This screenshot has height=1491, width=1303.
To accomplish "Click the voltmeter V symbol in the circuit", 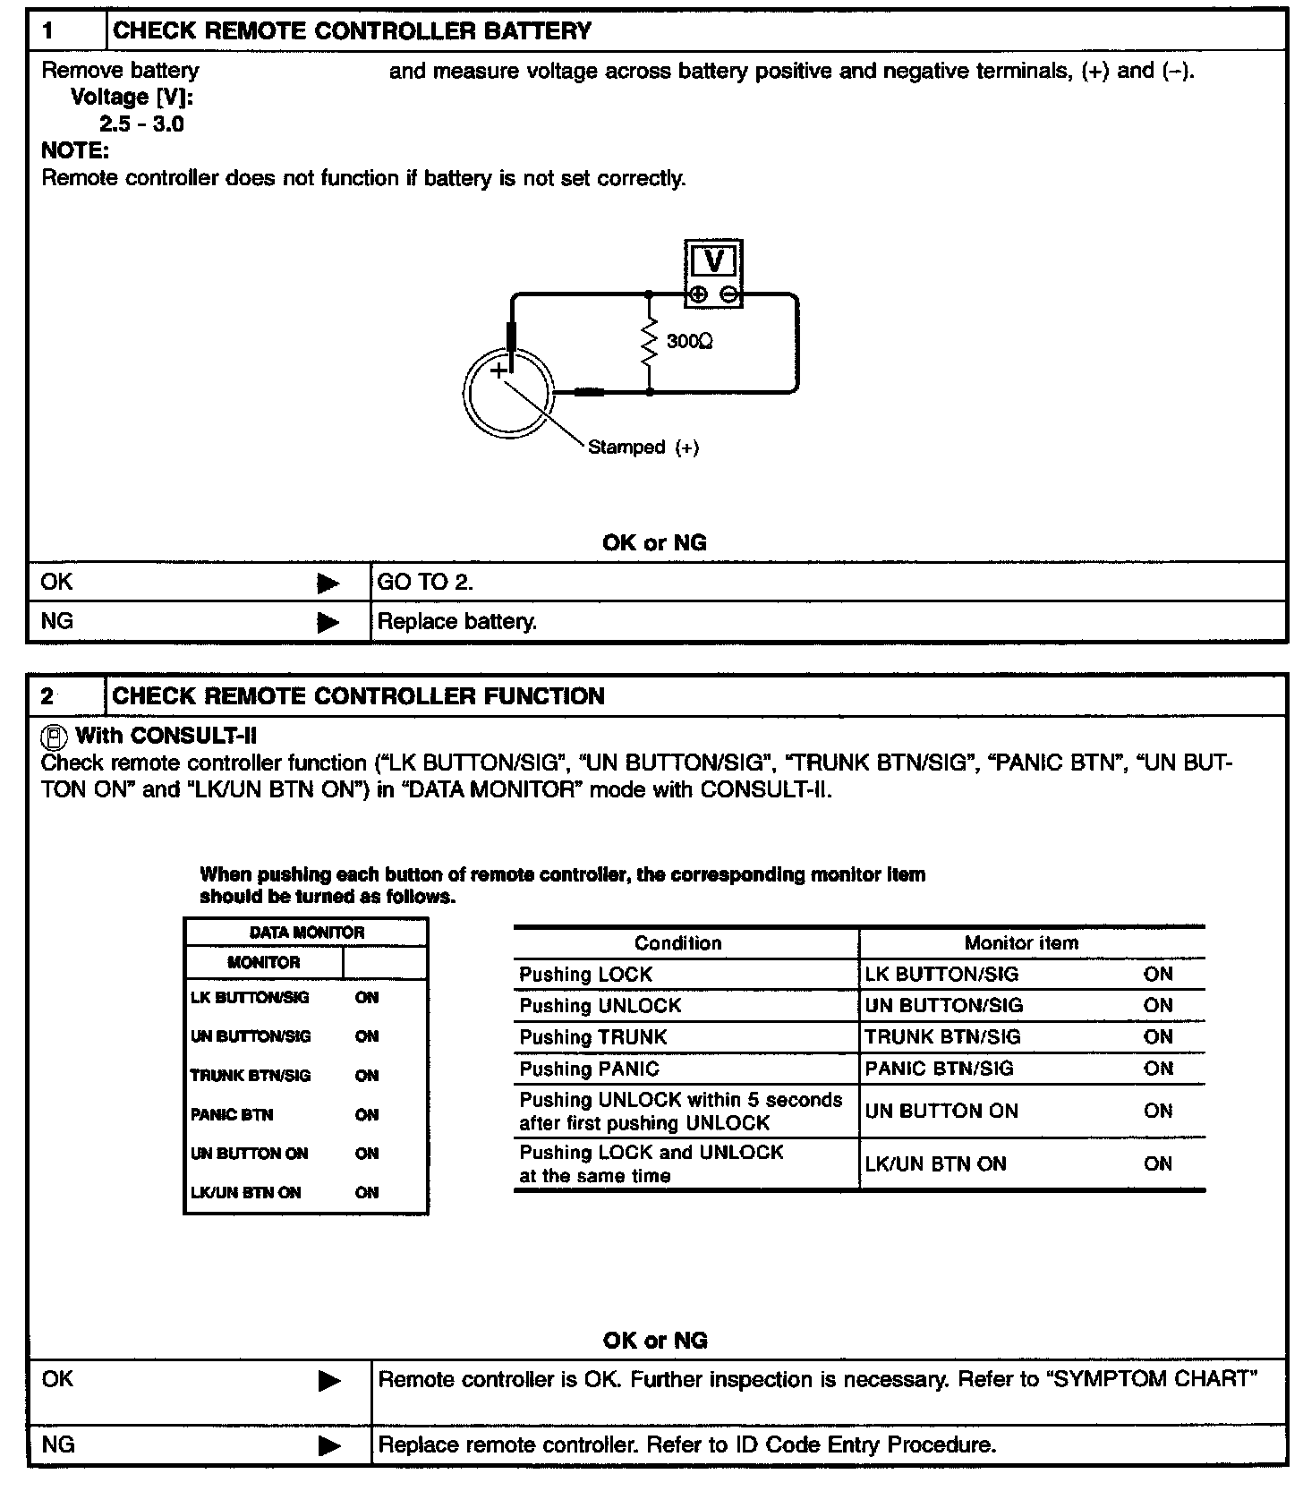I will coord(714,261).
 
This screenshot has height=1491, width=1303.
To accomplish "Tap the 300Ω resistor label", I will coord(689,342).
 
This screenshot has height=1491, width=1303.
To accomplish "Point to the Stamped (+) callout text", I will coord(643,447).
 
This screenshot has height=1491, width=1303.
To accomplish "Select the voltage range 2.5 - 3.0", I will coord(141,124).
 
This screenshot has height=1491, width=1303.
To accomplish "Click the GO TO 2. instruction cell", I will coord(425,583).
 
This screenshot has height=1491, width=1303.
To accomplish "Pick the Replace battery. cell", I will coord(457,622).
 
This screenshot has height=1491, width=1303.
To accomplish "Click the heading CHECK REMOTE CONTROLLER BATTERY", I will coord(352,31).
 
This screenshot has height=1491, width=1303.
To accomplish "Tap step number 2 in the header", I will coord(47,696).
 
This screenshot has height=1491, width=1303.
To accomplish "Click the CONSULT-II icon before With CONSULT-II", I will coord(55,737).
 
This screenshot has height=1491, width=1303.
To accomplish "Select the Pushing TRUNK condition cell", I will coord(593,1037).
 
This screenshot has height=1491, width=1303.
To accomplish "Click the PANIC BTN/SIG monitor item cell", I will coord(939,1069).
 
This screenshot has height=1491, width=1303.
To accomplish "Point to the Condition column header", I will coord(677,943).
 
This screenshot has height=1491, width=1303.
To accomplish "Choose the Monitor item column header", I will coord(1021,943).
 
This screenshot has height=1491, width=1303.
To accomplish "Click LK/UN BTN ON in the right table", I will coord(935,1164).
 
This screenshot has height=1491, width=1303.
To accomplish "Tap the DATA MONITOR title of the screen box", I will coord(306,933).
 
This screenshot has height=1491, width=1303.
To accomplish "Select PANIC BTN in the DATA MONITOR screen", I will coord(232,1115).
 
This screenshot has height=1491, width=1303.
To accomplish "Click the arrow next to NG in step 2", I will coord(329,1445).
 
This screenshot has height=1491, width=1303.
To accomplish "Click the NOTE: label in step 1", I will coord(75,151).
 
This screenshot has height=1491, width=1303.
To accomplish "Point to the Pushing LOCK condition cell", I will coord(586,975).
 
